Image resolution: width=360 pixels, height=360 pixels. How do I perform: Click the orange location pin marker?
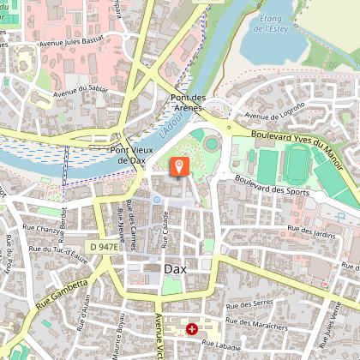click(180, 165)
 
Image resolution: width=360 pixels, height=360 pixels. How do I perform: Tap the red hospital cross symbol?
click(192, 328)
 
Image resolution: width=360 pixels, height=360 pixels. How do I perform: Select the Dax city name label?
click(168, 267)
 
